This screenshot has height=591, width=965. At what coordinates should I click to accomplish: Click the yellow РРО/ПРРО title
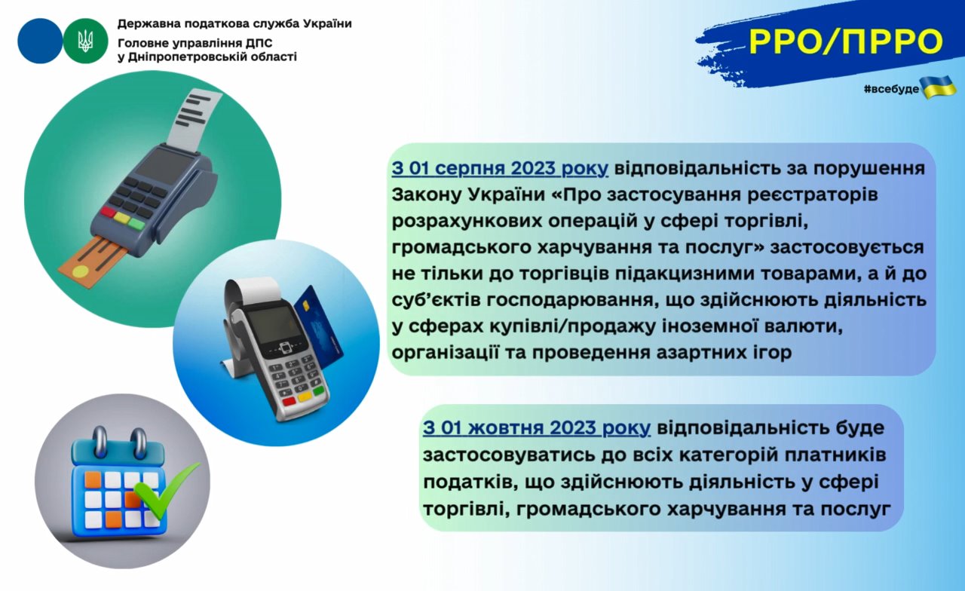(x=846, y=41)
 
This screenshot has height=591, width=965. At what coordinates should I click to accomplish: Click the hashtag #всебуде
(x=891, y=89)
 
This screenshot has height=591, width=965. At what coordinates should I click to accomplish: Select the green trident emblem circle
(x=85, y=41)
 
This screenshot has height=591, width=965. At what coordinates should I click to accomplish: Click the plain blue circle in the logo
(x=40, y=41)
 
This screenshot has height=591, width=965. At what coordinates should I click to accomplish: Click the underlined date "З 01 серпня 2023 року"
(x=500, y=168)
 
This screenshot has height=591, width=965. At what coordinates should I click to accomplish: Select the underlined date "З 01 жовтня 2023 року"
(x=536, y=427)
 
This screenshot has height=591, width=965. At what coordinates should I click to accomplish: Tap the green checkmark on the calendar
(x=166, y=490)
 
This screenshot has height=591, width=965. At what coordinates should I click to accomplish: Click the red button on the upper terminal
(x=108, y=212)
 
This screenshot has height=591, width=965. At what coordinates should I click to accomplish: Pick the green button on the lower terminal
(x=319, y=391)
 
